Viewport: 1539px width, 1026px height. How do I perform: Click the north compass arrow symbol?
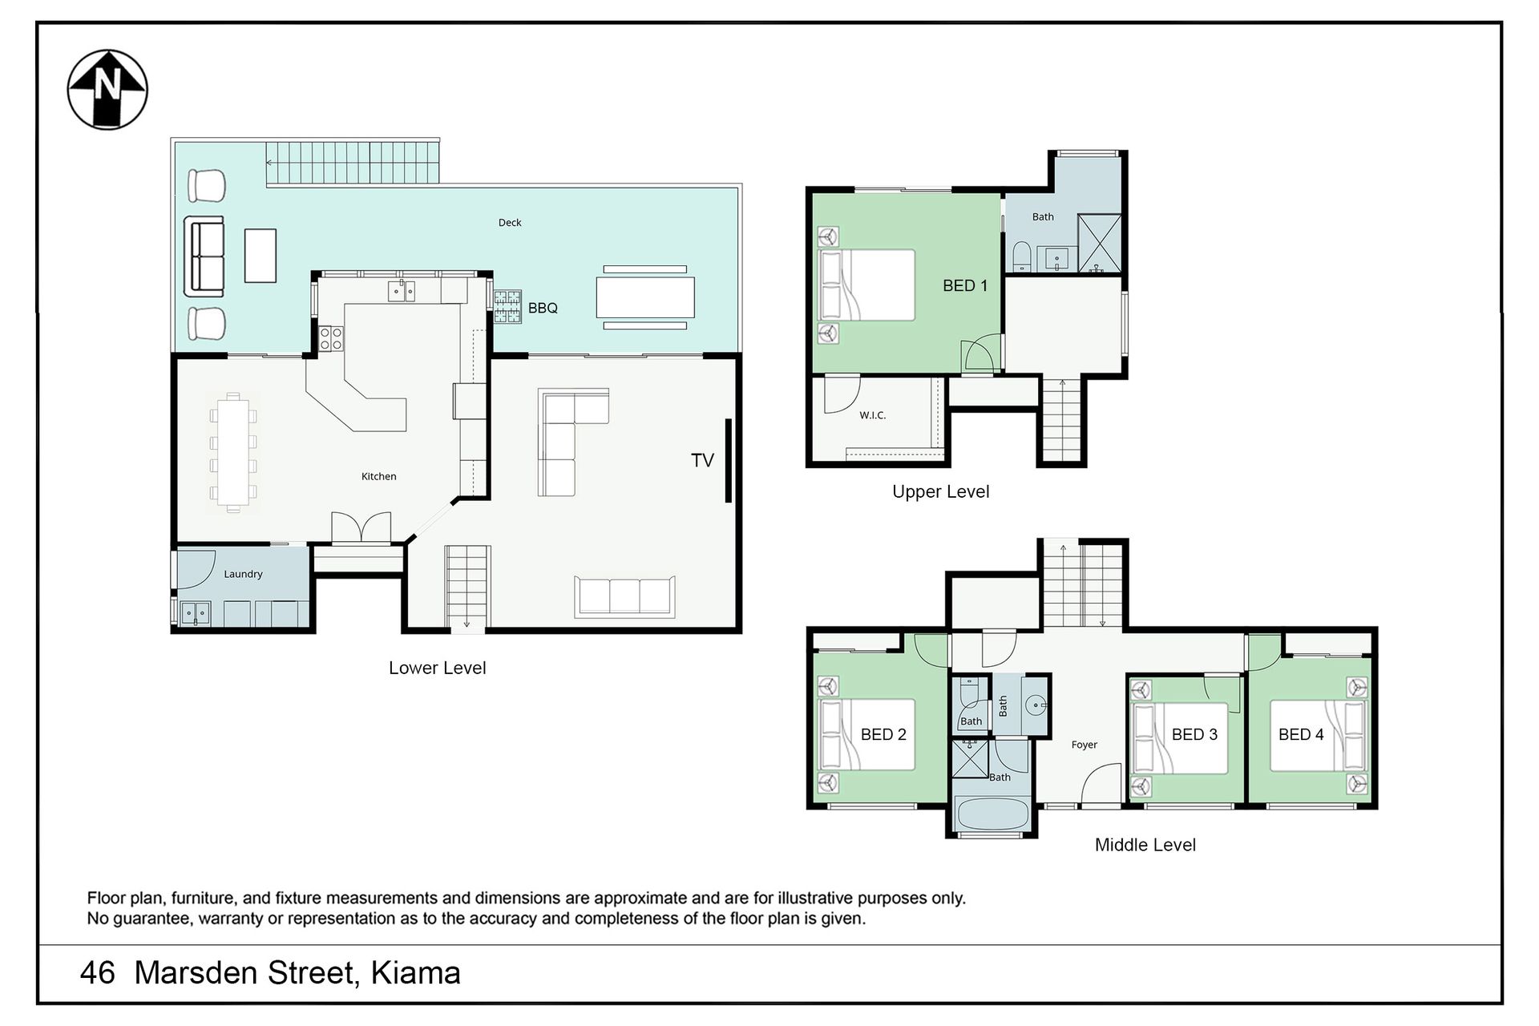tap(107, 90)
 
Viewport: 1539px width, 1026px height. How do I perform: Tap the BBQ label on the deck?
tap(543, 308)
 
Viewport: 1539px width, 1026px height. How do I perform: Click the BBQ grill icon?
tap(507, 306)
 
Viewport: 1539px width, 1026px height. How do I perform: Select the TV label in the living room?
tap(702, 460)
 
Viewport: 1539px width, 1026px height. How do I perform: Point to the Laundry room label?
tap(243, 574)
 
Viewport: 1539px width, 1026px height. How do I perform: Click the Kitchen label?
tap(378, 476)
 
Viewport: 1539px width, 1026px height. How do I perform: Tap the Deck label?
tap(510, 223)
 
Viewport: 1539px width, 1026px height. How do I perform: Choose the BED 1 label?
tap(965, 285)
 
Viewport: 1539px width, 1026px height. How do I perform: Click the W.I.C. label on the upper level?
tap(872, 415)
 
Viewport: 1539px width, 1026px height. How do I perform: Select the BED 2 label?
tap(883, 734)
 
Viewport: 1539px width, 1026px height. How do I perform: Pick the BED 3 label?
tap(1194, 734)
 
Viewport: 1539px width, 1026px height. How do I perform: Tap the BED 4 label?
tap(1301, 734)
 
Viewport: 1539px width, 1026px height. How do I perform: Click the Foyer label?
tap(1084, 745)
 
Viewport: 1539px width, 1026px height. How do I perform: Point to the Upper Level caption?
tap(941, 491)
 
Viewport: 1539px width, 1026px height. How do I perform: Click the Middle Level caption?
tap(1145, 845)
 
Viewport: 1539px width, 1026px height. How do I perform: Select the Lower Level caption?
tap(437, 668)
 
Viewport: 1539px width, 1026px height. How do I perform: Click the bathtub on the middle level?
tap(992, 815)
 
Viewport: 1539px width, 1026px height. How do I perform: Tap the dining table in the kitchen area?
tap(232, 452)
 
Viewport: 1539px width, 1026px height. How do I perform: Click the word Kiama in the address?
tap(416, 973)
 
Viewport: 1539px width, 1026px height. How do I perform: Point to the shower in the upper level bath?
tap(1099, 243)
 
